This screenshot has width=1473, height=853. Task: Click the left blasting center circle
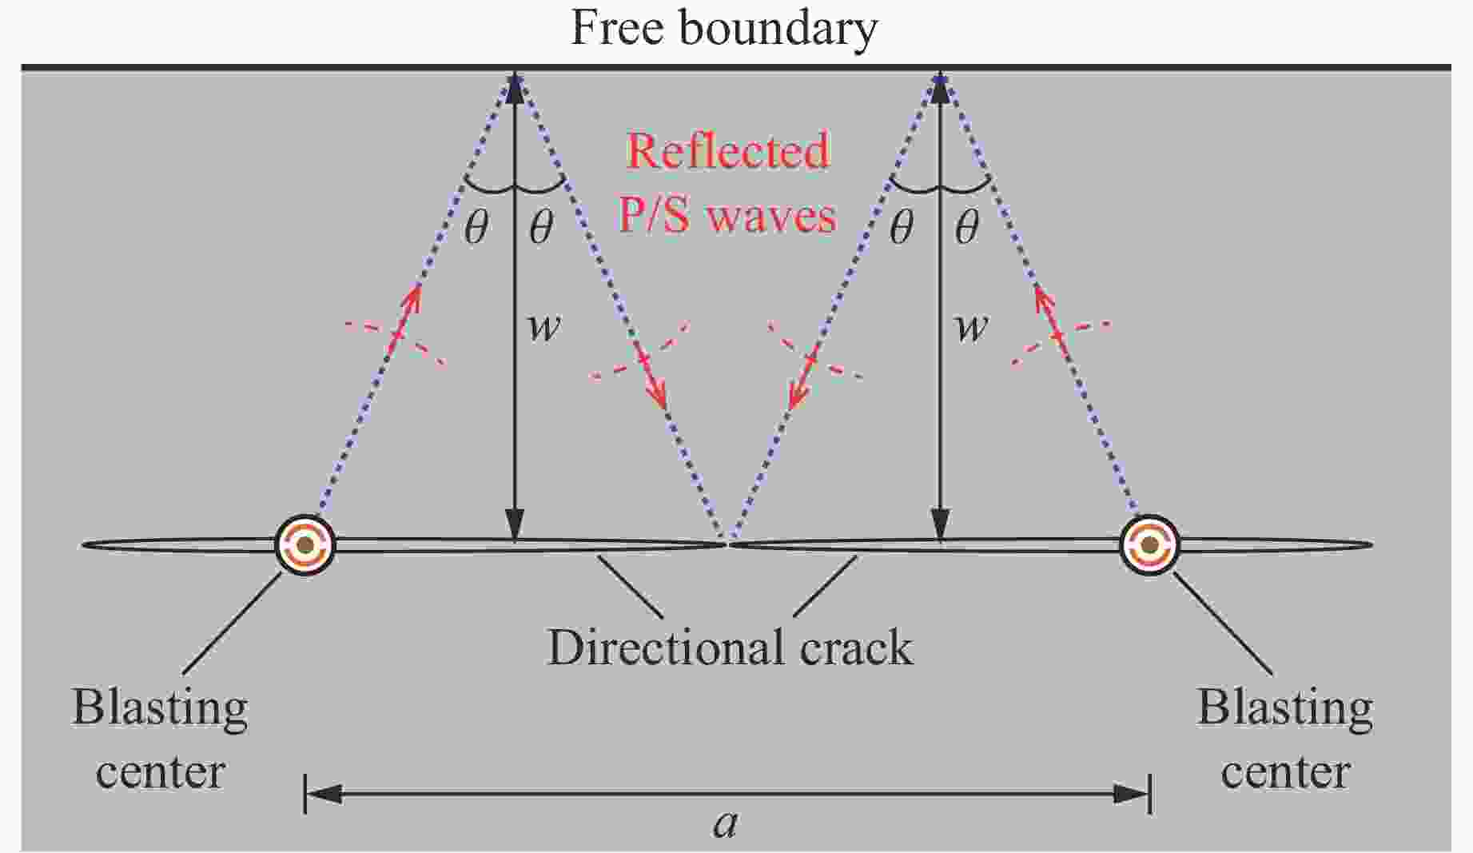tap(305, 545)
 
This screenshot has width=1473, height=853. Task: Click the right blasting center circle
tap(1149, 545)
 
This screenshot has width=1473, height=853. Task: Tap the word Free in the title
tap(617, 28)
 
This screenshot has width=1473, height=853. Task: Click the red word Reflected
tap(728, 151)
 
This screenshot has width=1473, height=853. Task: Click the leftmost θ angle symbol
tap(476, 229)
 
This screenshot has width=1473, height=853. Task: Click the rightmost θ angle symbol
tap(967, 229)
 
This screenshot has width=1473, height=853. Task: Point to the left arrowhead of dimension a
tap(324, 794)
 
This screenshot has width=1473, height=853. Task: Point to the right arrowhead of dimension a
tap(1130, 794)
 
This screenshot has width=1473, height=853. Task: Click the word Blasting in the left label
tap(160, 708)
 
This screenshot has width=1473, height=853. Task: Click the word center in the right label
tap(1286, 772)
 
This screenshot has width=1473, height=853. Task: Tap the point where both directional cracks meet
tap(727, 544)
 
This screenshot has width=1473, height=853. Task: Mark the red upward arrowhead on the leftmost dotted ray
tap(413, 299)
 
